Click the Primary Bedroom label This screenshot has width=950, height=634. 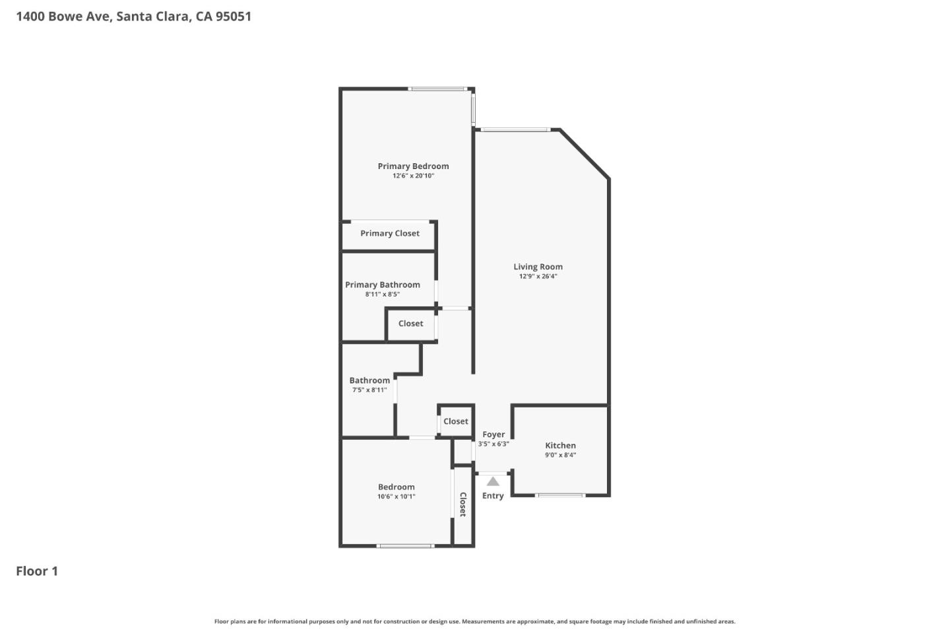(x=413, y=166)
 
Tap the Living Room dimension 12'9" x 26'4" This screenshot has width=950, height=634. (x=538, y=277)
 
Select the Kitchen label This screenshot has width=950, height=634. (x=560, y=446)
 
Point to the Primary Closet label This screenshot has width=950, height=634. (x=390, y=233)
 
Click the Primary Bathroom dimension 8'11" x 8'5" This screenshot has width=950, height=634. (x=383, y=295)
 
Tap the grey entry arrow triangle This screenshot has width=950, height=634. (x=493, y=481)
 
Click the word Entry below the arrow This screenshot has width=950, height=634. (x=493, y=496)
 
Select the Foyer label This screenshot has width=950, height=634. (x=493, y=435)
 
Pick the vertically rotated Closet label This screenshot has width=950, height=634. (x=463, y=505)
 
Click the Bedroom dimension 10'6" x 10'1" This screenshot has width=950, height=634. (x=396, y=497)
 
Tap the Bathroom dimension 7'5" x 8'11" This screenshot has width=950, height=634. (x=369, y=390)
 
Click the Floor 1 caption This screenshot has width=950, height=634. (x=37, y=571)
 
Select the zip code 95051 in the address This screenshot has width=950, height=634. (x=234, y=17)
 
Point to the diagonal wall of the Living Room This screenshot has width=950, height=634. (x=584, y=153)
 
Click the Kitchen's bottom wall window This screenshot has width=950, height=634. (x=560, y=495)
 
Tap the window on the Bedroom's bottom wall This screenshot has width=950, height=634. (x=405, y=546)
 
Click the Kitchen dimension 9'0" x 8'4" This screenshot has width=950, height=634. (x=560, y=455)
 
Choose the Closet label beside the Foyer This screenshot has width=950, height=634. (x=456, y=421)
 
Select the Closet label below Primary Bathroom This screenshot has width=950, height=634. (x=410, y=324)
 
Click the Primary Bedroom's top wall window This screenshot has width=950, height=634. (x=438, y=88)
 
